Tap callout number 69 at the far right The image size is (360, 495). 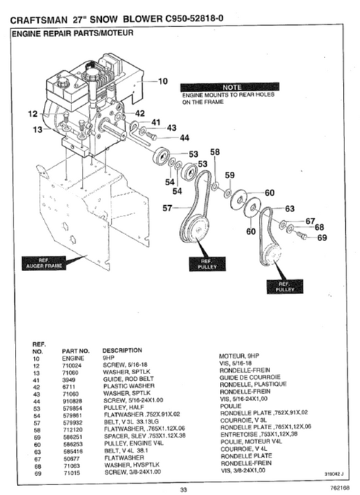(323, 238)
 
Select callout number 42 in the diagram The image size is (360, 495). (140, 113)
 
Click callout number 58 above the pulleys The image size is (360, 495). (215, 152)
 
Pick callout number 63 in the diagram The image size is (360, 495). (289, 209)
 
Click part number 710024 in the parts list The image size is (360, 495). (74, 364)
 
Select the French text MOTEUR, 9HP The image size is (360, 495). (241, 357)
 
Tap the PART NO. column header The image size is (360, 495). (76, 350)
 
